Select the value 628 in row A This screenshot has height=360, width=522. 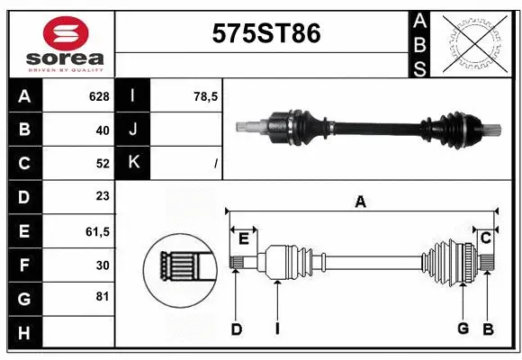[98, 96]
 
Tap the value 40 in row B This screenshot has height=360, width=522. [102, 130]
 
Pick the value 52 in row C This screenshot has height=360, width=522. [102, 164]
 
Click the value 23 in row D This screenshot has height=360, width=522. [102, 197]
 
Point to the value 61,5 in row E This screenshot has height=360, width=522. [97, 231]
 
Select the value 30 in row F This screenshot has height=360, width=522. [102, 265]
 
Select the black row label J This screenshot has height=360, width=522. [133, 130]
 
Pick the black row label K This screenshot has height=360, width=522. [133, 164]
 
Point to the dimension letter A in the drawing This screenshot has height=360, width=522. [360, 202]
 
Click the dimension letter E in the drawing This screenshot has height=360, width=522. [243, 238]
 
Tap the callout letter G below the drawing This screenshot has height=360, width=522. [463, 328]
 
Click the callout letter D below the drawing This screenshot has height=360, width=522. [236, 328]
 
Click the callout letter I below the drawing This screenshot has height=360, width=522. [277, 328]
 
